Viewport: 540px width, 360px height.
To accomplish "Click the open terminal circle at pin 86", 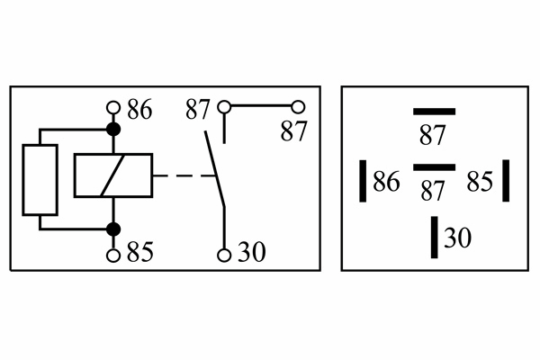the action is coord(113,107).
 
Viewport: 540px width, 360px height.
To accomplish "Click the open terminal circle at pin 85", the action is coord(113,256).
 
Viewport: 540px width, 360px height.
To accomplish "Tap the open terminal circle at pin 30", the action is coord(224,256).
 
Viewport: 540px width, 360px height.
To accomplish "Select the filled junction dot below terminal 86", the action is coord(113,130).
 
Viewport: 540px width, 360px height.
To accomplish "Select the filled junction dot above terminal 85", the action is coord(113,229).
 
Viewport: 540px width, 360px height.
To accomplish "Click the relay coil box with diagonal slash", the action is coord(113,175).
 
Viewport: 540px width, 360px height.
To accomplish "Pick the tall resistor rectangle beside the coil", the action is coord(40,180).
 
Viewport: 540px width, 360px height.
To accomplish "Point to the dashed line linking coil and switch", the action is coord(184,175).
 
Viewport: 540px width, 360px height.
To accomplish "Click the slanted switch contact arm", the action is coord(215,169).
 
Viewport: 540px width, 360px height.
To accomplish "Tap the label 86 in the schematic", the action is coord(139,110).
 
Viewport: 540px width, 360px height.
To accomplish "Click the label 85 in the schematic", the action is coord(139,252).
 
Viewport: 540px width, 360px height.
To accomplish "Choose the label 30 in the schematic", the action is coord(252,252).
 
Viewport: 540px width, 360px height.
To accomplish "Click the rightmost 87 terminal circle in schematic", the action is coord(298,107).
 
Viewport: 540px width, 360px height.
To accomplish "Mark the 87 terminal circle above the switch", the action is coord(224,107).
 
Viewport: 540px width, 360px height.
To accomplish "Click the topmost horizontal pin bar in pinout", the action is coord(435,112).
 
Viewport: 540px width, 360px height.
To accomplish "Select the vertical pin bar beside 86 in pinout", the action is coord(363,181).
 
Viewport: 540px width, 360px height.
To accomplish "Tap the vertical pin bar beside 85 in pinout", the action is coord(506,181).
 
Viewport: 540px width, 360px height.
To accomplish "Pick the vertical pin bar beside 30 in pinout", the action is coord(435,237).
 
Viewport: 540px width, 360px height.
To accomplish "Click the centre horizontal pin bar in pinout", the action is coord(435,167).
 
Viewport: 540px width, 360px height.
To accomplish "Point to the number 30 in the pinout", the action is coord(458,238).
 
